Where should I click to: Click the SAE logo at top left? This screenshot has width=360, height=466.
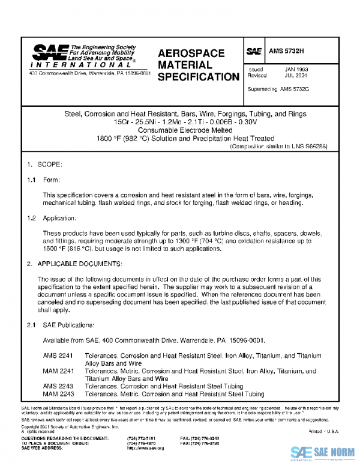[50, 53]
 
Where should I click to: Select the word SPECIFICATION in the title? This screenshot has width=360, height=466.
[199, 77]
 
